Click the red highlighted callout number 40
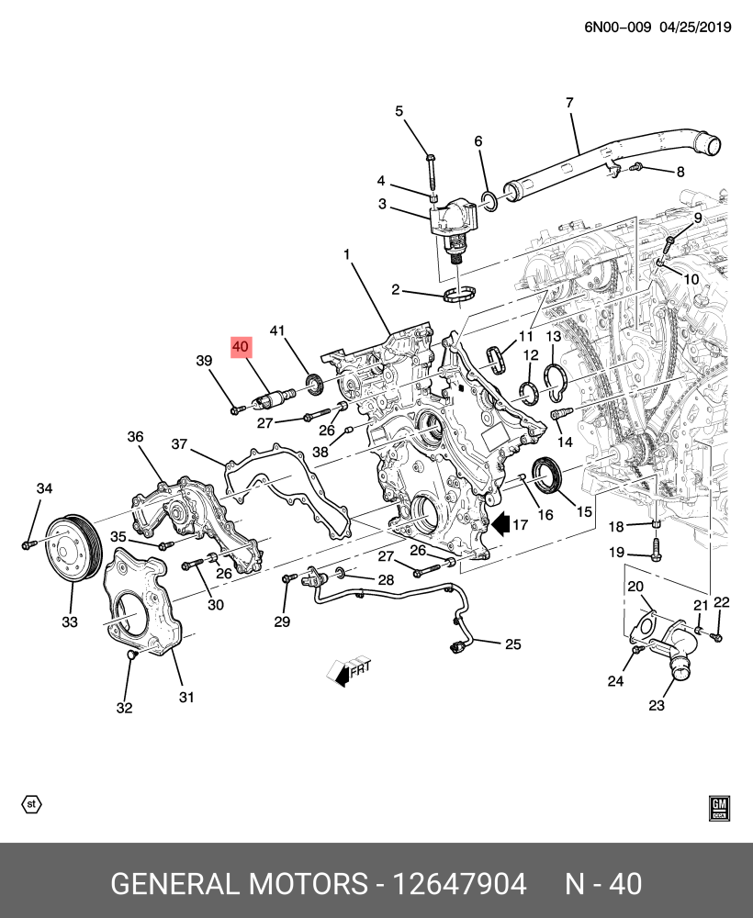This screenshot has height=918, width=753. coord(241,347)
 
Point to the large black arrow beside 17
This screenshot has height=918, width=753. coord(501,524)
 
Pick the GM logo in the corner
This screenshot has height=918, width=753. coord(719,807)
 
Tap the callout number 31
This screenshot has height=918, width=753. coord(186,697)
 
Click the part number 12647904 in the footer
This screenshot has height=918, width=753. coord(459,884)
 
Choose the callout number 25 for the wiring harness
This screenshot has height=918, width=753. coord(511,644)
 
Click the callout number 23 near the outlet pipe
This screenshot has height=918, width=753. coord(656,706)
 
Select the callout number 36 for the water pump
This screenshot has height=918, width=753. coord(135,437)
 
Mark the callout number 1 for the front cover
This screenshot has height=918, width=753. coord(347,253)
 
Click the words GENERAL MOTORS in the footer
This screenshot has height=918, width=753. coord(238,884)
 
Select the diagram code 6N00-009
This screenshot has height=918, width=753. coord(618,28)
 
